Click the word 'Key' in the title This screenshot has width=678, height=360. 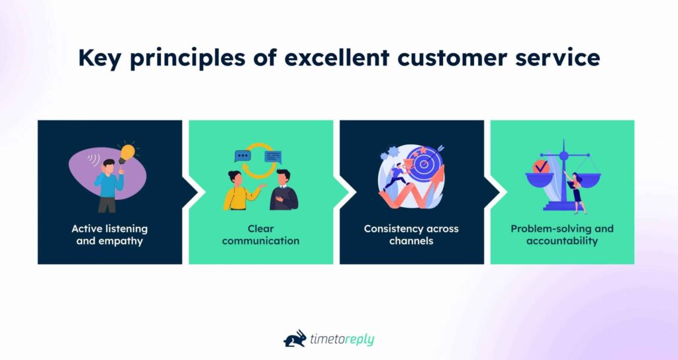pos(99,58)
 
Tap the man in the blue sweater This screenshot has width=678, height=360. pos(107,184)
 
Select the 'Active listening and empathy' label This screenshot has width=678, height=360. pos(110,234)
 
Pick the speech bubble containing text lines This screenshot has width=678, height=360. pos(273,157)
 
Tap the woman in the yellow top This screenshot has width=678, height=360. pos(237,192)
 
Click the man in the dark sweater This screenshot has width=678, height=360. pos(283,192)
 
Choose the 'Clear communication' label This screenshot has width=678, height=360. pos(260,234)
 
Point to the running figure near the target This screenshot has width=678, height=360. pos(396,177)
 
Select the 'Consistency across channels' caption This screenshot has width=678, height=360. pos(411,234)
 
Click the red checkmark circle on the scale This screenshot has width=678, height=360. pos(541,166)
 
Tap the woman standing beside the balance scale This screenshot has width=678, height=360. pos(576,192)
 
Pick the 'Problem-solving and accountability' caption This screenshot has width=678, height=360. pos(561,234)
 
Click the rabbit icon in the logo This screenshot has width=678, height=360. pos(295,338)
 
